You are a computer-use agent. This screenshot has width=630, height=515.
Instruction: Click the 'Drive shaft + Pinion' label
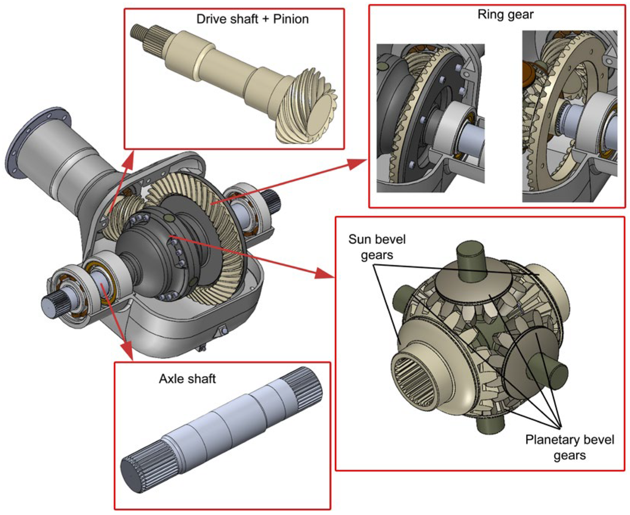(252, 19)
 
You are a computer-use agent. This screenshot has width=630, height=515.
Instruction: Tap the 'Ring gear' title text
(505, 14)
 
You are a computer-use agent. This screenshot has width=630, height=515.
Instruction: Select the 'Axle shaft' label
(187, 378)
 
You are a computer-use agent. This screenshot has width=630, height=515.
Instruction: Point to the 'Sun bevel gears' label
(377, 247)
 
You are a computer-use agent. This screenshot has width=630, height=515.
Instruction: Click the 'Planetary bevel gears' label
(570, 447)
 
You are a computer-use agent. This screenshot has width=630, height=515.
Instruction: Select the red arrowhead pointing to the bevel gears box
(324, 272)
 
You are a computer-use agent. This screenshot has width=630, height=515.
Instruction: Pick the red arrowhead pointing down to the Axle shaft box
(127, 351)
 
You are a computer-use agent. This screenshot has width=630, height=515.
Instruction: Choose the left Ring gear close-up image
(430, 118)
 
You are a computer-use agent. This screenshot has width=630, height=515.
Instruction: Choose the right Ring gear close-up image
(570, 116)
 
